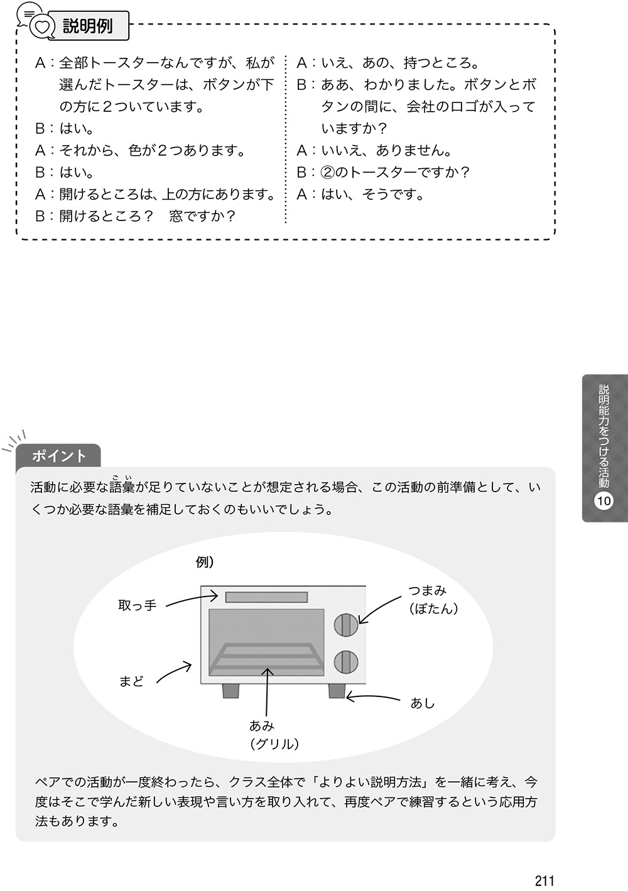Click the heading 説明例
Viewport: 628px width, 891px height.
88,26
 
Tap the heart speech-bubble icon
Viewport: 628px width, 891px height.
42,26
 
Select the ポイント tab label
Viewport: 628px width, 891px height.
59,456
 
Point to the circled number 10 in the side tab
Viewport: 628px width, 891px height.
604,500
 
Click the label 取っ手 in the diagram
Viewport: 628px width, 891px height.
137,605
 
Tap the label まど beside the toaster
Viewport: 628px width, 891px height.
131,682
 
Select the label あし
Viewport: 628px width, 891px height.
423,704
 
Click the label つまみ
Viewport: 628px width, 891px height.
428,590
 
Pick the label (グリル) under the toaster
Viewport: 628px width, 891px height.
274,744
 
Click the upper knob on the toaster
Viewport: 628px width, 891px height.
346,625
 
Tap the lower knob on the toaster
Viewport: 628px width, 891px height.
346,662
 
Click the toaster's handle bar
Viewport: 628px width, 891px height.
266,597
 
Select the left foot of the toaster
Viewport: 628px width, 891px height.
230,691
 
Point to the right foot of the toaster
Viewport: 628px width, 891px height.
337,691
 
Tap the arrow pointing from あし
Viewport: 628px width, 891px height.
373,696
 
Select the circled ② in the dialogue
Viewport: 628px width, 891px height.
327,172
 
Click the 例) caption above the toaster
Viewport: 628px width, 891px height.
205,563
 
